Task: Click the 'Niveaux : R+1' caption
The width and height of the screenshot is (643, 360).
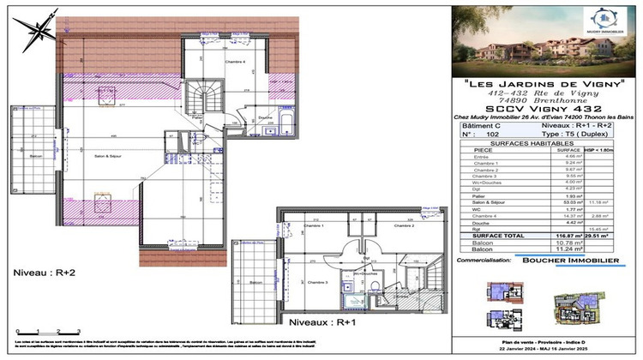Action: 322,321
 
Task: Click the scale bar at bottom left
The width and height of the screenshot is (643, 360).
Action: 48,330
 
